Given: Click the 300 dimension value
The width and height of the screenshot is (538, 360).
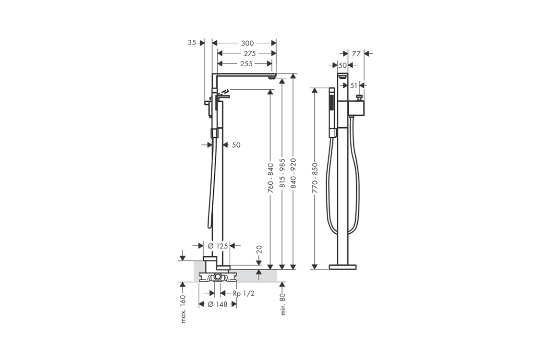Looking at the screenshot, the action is click(247, 43).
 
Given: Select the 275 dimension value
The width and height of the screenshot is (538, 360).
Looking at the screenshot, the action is click(250, 53).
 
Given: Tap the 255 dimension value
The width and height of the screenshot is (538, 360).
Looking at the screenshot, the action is click(246, 63).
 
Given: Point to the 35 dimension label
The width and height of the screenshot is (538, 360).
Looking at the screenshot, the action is click(192, 43).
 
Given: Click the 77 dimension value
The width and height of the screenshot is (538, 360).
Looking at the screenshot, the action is click(356, 53).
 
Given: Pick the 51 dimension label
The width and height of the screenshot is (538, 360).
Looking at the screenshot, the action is click(354, 85).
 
